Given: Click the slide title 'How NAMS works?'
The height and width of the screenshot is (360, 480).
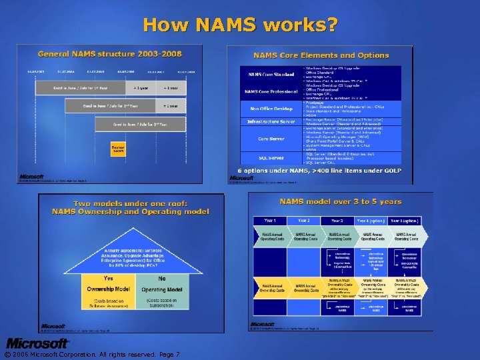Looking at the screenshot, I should (240, 25).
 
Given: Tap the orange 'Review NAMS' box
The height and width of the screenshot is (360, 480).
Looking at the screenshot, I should (119, 149).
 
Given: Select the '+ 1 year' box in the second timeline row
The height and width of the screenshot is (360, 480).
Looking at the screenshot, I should (170, 106).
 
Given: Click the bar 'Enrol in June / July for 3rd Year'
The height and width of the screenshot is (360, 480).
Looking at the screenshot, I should (140, 124).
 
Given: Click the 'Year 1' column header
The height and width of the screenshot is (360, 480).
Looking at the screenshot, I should (271, 221).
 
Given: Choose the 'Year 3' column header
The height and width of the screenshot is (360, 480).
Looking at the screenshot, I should (337, 221).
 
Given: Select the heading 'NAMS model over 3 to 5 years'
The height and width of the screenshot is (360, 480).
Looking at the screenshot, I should (340, 201).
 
